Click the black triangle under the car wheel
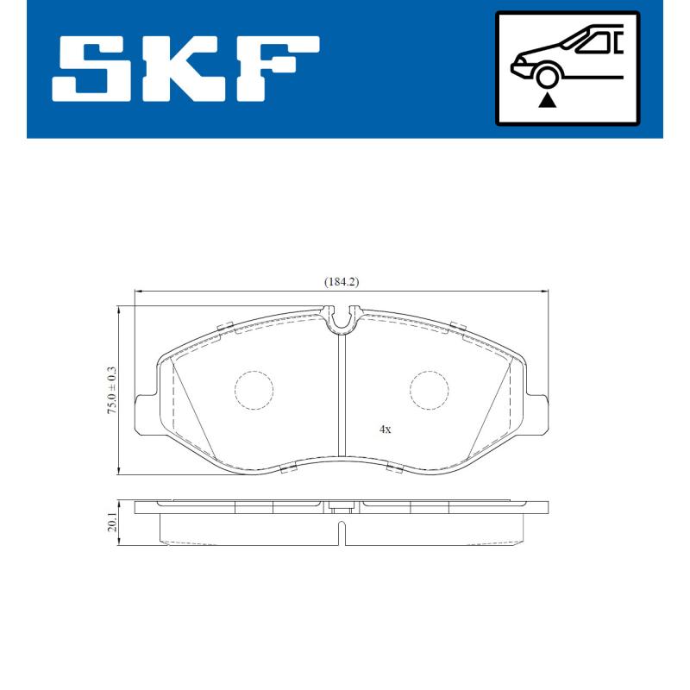pos(547,101)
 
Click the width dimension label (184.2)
pos(342,281)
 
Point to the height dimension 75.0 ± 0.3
pos(111,390)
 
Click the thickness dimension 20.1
pos(111,523)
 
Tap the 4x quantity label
pos(386,429)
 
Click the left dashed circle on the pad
pos(253,390)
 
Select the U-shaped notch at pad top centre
pos(342,319)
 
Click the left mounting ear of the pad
pos(147,410)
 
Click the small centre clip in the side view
pos(342,509)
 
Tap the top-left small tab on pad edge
pos(227,326)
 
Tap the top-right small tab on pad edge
pos(458,326)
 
